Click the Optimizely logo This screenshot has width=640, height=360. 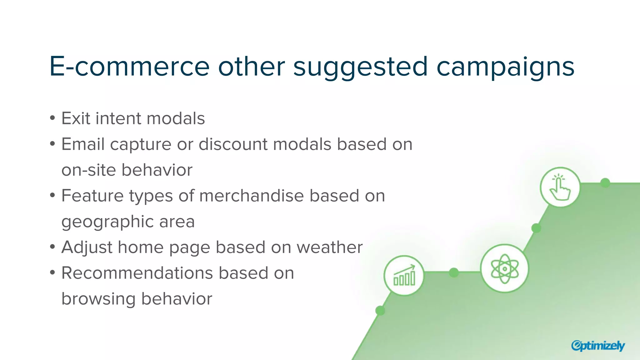[x=597, y=345]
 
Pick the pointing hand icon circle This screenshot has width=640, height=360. [x=560, y=187]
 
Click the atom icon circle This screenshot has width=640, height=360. [x=504, y=268]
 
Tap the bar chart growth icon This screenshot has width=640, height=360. [x=404, y=275]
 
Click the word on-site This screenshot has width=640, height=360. [x=88, y=170]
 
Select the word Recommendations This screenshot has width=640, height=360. [x=137, y=273]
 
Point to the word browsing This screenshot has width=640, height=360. [x=98, y=299]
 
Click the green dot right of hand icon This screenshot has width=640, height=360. [x=605, y=183]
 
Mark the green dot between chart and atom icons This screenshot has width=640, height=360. [x=454, y=272]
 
